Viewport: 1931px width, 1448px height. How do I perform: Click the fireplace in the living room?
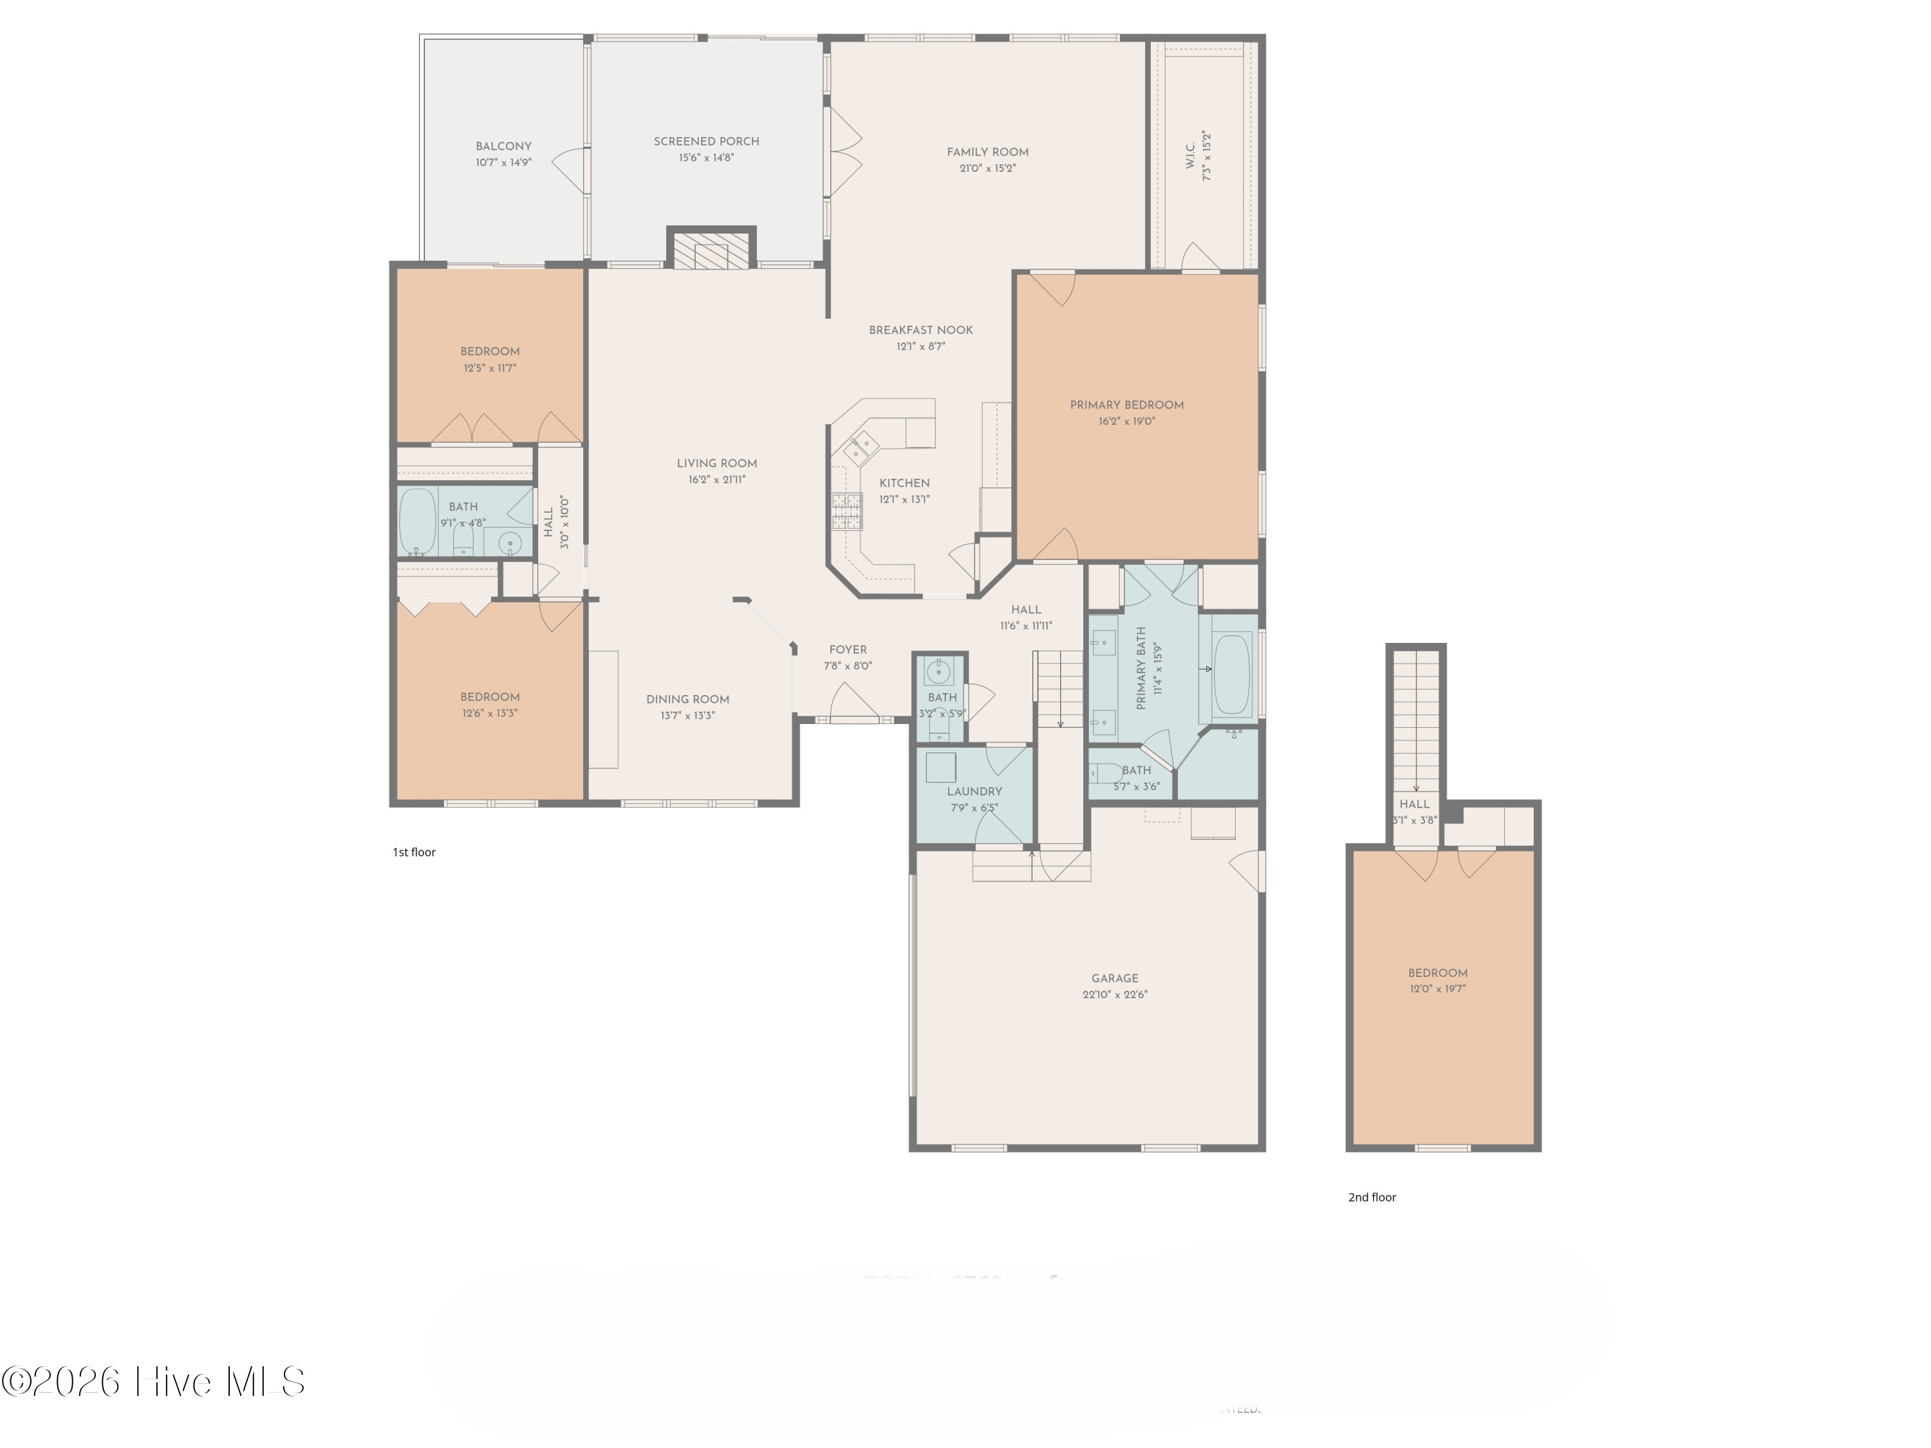[x=711, y=250]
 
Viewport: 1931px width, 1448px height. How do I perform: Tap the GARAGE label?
[x=1115, y=978]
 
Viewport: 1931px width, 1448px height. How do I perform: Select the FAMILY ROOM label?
[x=987, y=152]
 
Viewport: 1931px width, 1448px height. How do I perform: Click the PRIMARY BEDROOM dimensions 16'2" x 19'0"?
[x=1126, y=422]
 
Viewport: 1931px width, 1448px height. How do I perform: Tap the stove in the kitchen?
[x=846, y=512]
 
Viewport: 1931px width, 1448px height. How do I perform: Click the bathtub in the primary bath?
[x=1233, y=669]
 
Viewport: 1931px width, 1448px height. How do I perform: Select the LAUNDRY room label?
[x=975, y=792]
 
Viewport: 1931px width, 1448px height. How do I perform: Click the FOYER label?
[x=848, y=649]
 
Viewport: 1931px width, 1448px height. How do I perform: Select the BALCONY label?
[x=504, y=145]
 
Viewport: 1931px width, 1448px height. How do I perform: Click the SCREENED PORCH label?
[x=706, y=142]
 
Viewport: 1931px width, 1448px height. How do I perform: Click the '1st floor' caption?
[x=414, y=852]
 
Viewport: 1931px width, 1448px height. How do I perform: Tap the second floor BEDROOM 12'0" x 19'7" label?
[x=1437, y=973]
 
